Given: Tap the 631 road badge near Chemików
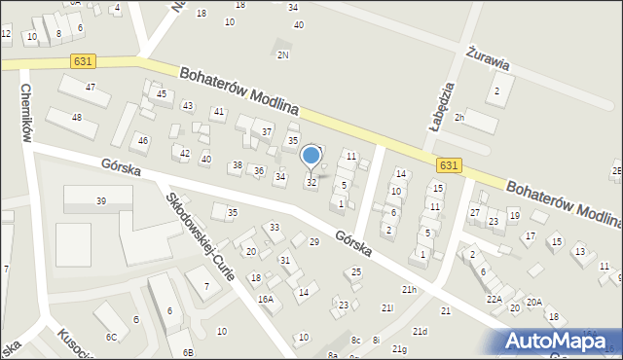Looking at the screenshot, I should [83, 61].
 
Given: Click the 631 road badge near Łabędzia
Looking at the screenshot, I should [448, 165].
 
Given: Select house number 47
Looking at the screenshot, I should [91, 88].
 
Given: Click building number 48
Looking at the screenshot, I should [77, 118].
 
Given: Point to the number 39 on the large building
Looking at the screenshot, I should [100, 201].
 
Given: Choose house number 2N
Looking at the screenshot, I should [283, 55].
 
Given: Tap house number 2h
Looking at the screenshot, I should [460, 118].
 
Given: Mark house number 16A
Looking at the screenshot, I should [265, 300].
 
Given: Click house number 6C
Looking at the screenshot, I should [111, 337].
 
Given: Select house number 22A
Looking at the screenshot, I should [495, 300].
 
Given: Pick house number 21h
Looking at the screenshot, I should [409, 290].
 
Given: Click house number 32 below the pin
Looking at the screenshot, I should [311, 183].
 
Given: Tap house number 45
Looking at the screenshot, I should [162, 94].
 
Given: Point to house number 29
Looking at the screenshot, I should [313, 241].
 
